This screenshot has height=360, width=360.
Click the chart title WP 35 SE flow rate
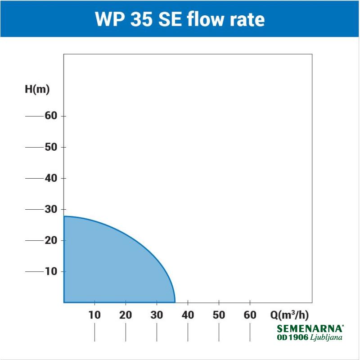[x=180, y=19]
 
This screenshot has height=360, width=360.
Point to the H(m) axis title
[x=37, y=89]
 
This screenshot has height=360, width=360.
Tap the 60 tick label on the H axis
[x=51, y=116]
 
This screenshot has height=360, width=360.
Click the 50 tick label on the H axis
[x=51, y=147]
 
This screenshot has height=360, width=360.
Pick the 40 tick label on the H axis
[x=51, y=178]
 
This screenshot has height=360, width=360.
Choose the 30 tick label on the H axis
[x=51, y=209]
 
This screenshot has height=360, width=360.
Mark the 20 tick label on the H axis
[x=51, y=240]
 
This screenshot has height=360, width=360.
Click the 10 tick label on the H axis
[x=51, y=271]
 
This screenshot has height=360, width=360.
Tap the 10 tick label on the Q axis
[x=94, y=315]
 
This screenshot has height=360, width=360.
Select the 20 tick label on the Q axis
[x=126, y=315]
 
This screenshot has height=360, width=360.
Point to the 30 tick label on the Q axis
[x=157, y=315]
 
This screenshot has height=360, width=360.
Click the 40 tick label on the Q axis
[x=188, y=315]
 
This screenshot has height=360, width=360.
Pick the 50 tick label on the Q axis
[x=219, y=315]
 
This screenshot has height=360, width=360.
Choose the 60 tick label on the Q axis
[x=250, y=315]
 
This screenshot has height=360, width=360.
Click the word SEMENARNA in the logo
[x=310, y=329]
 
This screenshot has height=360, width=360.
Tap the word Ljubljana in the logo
[x=326, y=337]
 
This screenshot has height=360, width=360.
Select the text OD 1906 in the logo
[x=293, y=337]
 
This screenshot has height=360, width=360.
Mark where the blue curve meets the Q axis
[x=175, y=302]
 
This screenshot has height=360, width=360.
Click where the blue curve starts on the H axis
[x=64, y=216]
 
